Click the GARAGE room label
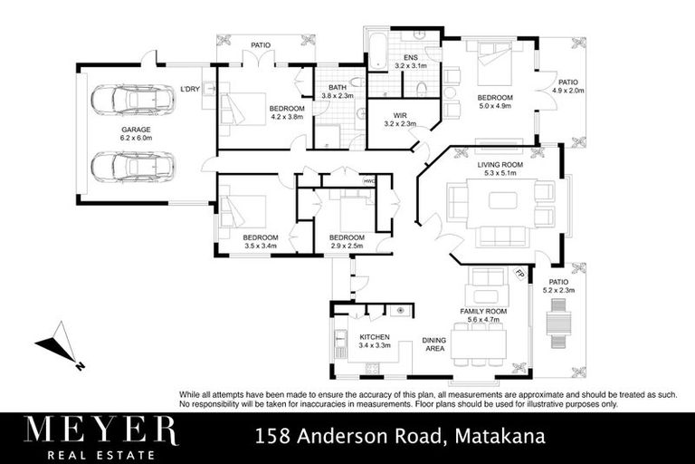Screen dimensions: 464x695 [137, 130]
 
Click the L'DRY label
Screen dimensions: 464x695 [190, 89]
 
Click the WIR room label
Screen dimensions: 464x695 [399, 115]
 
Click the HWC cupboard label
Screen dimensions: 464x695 [368, 180]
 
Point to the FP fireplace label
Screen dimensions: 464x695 [519, 274]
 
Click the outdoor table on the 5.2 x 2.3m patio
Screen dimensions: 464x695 [557, 323]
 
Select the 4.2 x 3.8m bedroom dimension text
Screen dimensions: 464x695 [286, 118]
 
